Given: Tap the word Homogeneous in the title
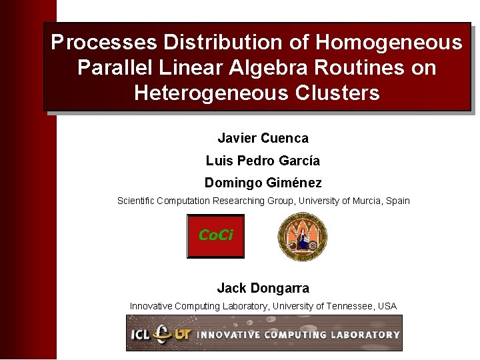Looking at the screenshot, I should click(x=389, y=43).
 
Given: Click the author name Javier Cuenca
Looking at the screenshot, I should click(x=263, y=139).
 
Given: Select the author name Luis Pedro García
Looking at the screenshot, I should click(x=263, y=161).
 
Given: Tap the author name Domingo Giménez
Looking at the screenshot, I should click(x=263, y=183).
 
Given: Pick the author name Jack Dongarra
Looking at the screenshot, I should click(x=263, y=289).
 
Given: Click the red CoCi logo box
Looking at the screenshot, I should click(x=215, y=236).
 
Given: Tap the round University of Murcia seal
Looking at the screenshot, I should click(x=302, y=237).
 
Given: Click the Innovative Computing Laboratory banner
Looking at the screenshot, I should click(x=264, y=333).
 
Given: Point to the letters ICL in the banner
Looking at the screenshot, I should click(x=140, y=333).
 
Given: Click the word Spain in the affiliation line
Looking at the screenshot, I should click(x=397, y=201).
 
